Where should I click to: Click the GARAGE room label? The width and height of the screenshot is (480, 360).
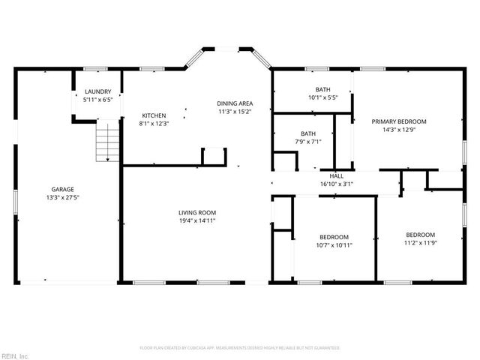tap(62, 189)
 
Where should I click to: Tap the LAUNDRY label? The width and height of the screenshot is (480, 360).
tap(97, 91)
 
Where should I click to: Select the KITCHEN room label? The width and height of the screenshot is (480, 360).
tap(154, 115)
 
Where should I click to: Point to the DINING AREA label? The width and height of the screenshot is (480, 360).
tap(234, 103)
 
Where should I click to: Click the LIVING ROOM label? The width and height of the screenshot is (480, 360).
tap(197, 213)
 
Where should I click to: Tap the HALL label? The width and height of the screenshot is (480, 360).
tap(337, 175)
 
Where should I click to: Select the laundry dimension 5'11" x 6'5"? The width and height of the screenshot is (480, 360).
tap(97, 99)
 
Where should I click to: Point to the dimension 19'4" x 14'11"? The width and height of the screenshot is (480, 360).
tap(197, 221)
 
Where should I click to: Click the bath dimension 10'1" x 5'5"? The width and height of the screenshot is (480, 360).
tap(322, 97)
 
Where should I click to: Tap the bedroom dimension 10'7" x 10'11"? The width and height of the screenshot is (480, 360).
tap(334, 244)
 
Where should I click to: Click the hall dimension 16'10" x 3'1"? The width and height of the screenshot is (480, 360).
tap(337, 184)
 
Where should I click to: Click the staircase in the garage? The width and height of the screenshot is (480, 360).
tap(107, 142)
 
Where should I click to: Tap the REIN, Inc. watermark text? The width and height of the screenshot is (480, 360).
tap(14, 355)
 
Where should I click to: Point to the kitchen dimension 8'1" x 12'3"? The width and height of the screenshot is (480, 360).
tap(154, 124)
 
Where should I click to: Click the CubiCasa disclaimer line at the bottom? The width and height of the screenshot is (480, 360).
tap(240, 348)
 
